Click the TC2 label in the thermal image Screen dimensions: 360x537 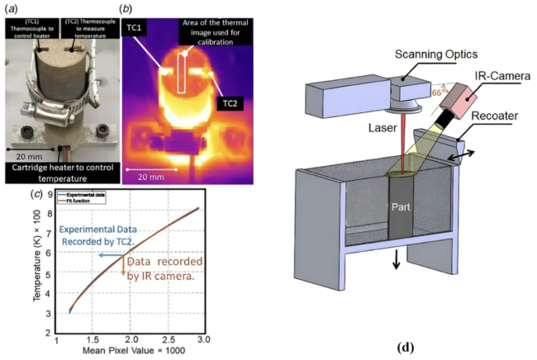[229, 104]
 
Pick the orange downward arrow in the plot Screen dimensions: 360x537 [124, 269]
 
